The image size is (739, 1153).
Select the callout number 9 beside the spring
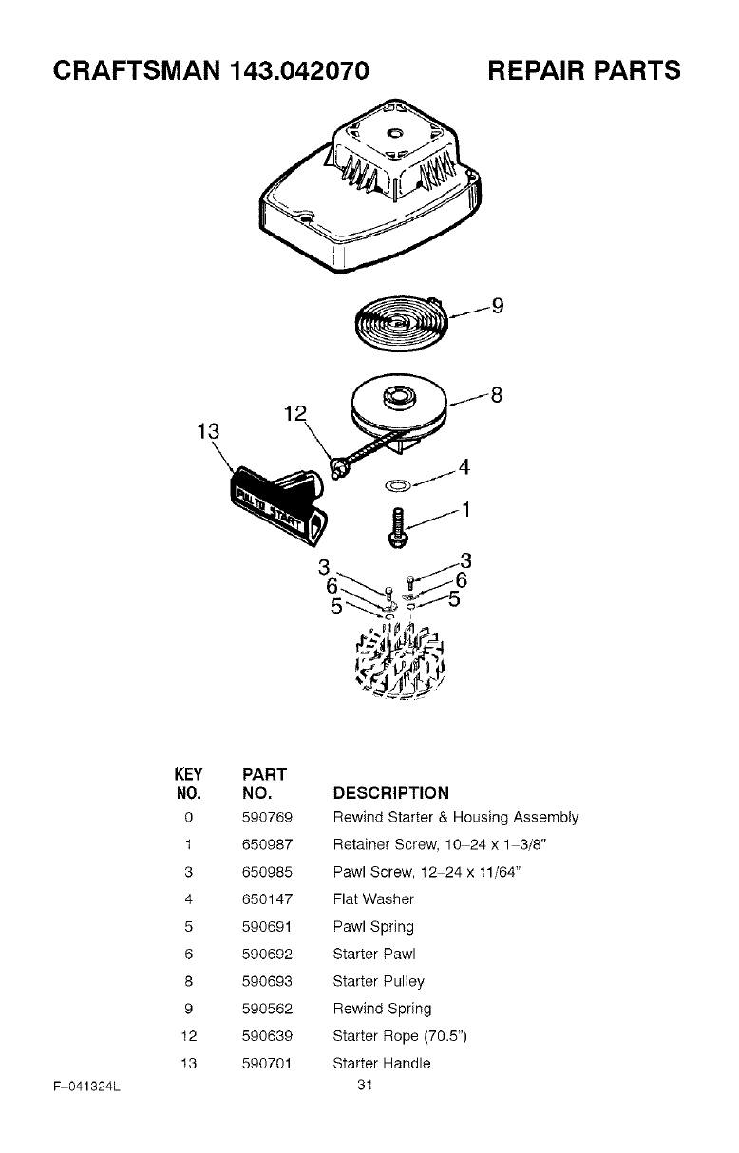[x=496, y=306]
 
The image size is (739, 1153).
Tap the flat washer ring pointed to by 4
[x=398, y=485]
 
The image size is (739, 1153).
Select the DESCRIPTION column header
[x=390, y=793]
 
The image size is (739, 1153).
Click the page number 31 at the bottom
[x=363, y=1085]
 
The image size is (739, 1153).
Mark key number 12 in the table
[x=189, y=1036]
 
